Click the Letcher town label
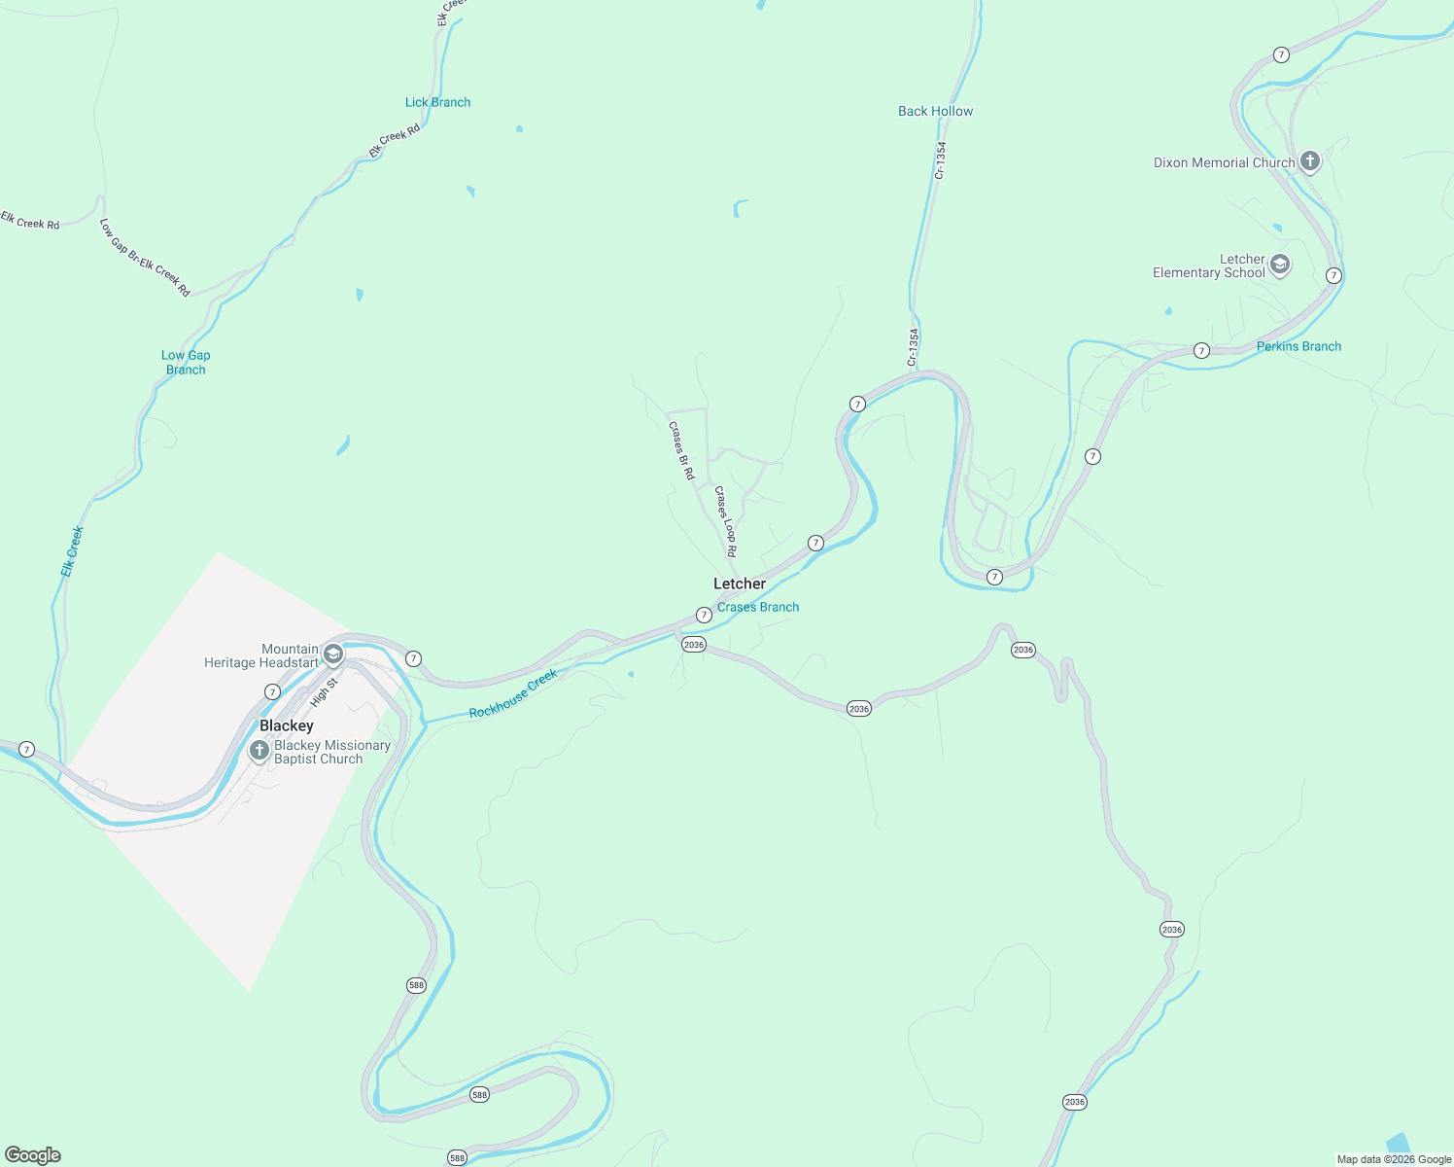740,583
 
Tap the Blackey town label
287,725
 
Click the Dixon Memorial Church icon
1310,161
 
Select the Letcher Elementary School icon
1280,265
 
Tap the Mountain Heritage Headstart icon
333,654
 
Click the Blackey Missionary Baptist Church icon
260,750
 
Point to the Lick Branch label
437,102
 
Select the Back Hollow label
935,111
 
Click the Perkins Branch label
1298,346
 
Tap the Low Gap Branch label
186,362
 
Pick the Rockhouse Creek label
513,693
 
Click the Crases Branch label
758,607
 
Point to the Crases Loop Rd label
726,521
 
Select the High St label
324,691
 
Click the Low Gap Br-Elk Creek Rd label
145,257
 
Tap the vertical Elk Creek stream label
73,551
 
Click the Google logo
33,1155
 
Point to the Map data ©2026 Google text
1394,1159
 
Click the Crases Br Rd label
681,450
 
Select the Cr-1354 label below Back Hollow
940,160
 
